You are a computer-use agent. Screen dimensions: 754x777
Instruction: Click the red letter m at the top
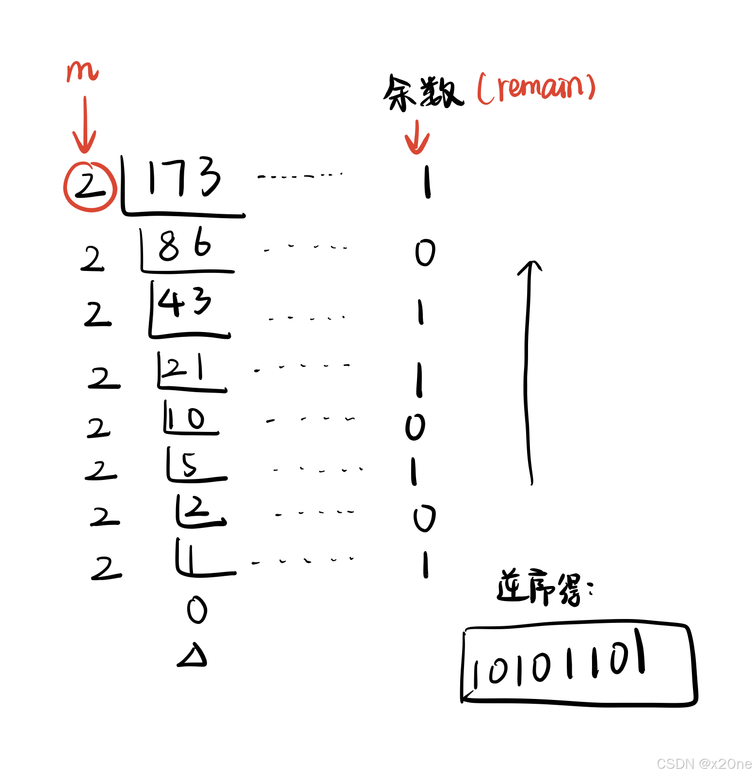pyautogui.click(x=82, y=71)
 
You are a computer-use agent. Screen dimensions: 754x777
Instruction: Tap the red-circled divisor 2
pyautogui.click(x=90, y=186)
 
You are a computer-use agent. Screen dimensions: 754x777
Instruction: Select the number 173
pyautogui.click(x=185, y=177)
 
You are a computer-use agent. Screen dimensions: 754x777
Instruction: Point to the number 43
pyautogui.click(x=184, y=302)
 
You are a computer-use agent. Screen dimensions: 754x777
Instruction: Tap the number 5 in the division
pyautogui.click(x=190, y=464)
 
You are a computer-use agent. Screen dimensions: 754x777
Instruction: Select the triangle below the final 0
pyautogui.click(x=193, y=655)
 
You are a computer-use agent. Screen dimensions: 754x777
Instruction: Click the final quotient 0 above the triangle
pyautogui.click(x=197, y=610)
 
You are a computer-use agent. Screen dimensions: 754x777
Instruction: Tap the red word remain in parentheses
pyautogui.click(x=537, y=88)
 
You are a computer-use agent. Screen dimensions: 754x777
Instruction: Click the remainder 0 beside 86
pyautogui.click(x=425, y=253)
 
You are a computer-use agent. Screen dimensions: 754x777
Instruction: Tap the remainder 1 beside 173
pyautogui.click(x=427, y=182)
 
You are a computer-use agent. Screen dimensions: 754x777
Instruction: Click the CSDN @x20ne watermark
pyautogui.click(x=704, y=764)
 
